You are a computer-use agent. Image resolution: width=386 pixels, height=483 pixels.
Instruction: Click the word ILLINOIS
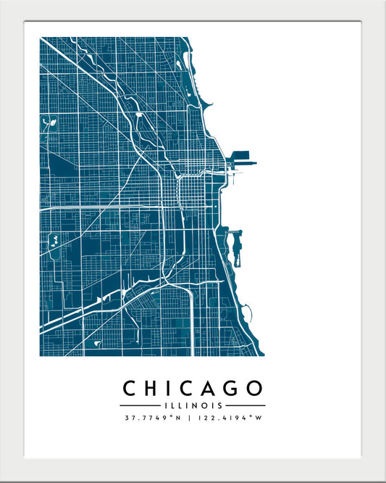click(193, 405)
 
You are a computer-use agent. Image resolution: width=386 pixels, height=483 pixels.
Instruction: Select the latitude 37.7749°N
click(151, 418)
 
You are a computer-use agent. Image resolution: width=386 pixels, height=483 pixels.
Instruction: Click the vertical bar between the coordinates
click(188, 418)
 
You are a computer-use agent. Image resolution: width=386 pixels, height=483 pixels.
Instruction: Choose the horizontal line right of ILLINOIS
click(245, 405)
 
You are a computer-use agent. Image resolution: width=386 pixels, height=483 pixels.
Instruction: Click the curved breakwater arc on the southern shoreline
click(249, 314)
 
